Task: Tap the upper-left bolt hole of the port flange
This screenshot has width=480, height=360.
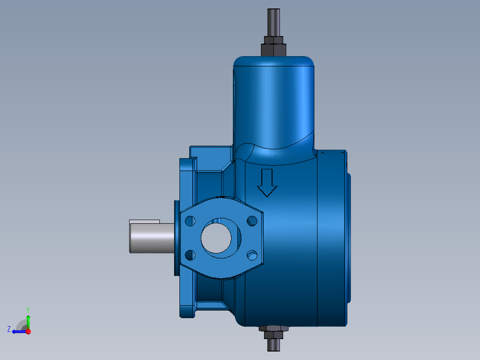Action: [190, 221]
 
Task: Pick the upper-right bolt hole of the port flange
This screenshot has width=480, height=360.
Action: [252, 221]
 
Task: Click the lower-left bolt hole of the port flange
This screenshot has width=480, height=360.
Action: [190, 255]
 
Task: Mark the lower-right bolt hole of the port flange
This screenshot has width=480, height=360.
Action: [252, 255]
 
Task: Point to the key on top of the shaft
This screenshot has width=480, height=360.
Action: [144, 221]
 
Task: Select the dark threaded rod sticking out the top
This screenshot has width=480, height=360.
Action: [273, 22]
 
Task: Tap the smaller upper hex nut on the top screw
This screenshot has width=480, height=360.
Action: [273, 40]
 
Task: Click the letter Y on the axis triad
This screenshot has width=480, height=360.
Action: [28, 309]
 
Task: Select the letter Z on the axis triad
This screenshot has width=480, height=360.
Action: [8, 329]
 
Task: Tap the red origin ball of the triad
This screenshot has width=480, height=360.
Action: [28, 331]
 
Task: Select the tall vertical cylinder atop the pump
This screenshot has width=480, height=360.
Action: [274, 102]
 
